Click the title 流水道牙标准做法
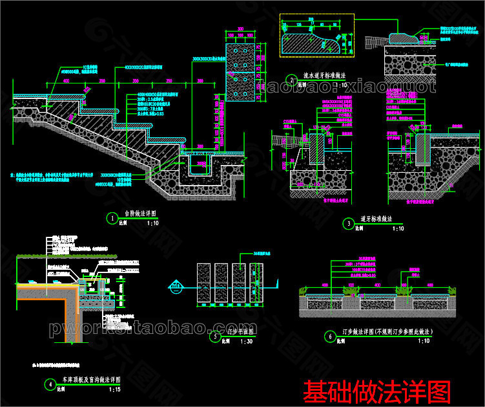(325, 76)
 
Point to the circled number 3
(349, 224)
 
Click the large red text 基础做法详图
(377, 390)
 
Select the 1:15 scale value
(114, 390)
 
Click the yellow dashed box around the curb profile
(316, 32)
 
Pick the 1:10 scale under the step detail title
(153, 223)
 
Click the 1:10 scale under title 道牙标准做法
(397, 228)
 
